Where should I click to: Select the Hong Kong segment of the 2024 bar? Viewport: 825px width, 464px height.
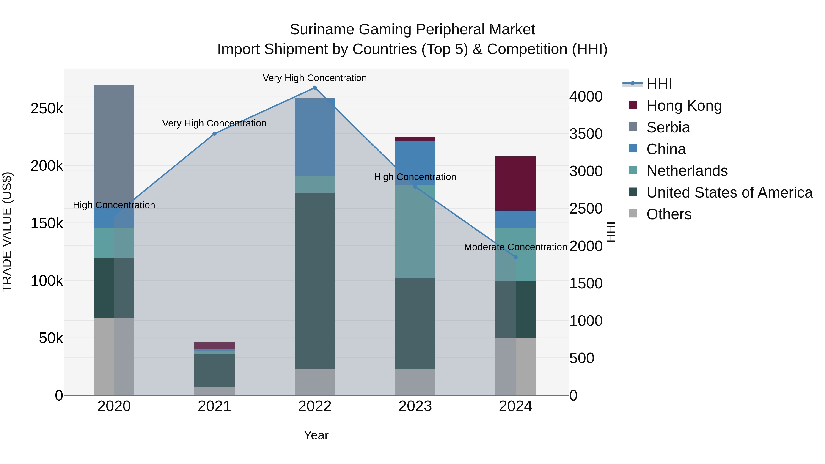pyautogui.click(x=515, y=184)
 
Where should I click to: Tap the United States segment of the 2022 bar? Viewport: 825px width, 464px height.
pyautogui.click(x=314, y=280)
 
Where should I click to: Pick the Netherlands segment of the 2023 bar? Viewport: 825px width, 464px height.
pyautogui.click(x=415, y=231)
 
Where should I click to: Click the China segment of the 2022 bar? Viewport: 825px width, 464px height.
pyautogui.click(x=314, y=137)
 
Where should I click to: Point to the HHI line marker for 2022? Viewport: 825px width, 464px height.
pyautogui.click(x=314, y=88)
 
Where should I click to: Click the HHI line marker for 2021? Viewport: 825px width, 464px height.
pyautogui.click(x=214, y=134)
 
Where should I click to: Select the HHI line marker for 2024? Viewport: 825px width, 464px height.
pyautogui.click(x=515, y=257)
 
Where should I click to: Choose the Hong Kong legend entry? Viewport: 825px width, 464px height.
pyautogui.click(x=684, y=106)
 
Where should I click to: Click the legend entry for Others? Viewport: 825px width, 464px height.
pyautogui.click(x=669, y=214)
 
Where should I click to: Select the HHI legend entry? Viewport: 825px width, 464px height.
pyautogui.click(x=659, y=84)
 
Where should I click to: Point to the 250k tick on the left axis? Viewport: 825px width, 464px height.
pyautogui.click(x=47, y=109)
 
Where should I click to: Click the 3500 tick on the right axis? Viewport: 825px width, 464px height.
pyautogui.click(x=586, y=134)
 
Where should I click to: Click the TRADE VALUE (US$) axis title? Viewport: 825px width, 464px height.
pyautogui.click(x=7, y=232)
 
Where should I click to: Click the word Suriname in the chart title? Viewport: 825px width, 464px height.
pyautogui.click(x=322, y=30)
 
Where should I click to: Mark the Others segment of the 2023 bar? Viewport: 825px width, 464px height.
pyautogui.click(x=415, y=382)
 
